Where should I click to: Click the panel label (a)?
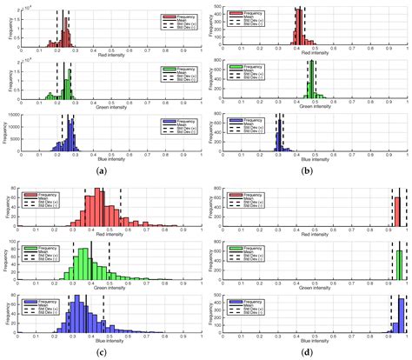[103, 170]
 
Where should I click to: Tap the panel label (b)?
[309, 170]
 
